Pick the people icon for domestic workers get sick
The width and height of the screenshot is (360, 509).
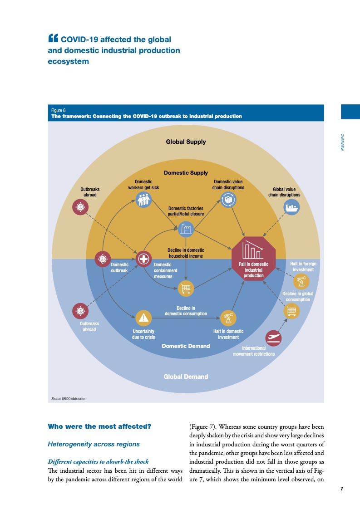tap(144, 199)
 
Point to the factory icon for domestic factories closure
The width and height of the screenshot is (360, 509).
tap(186, 229)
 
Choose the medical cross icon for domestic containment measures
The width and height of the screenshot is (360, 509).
tap(144, 259)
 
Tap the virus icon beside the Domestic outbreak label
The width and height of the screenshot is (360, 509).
tap(102, 259)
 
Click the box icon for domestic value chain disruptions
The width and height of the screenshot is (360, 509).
tap(228, 199)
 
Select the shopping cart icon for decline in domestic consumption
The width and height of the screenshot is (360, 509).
tap(186, 288)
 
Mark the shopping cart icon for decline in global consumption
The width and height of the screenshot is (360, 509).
tap(291, 311)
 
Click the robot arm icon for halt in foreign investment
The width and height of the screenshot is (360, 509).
tap(301, 282)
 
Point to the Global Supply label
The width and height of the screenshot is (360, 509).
tap(186, 142)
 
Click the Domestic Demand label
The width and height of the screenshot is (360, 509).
tap(186, 346)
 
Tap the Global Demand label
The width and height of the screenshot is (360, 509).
tap(186, 377)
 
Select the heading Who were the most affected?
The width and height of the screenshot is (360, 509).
tap(99, 426)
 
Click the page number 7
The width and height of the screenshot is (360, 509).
tap(341, 489)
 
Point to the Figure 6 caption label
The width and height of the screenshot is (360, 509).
tap(59, 110)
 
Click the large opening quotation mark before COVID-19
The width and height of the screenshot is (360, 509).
tap(53, 39)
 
